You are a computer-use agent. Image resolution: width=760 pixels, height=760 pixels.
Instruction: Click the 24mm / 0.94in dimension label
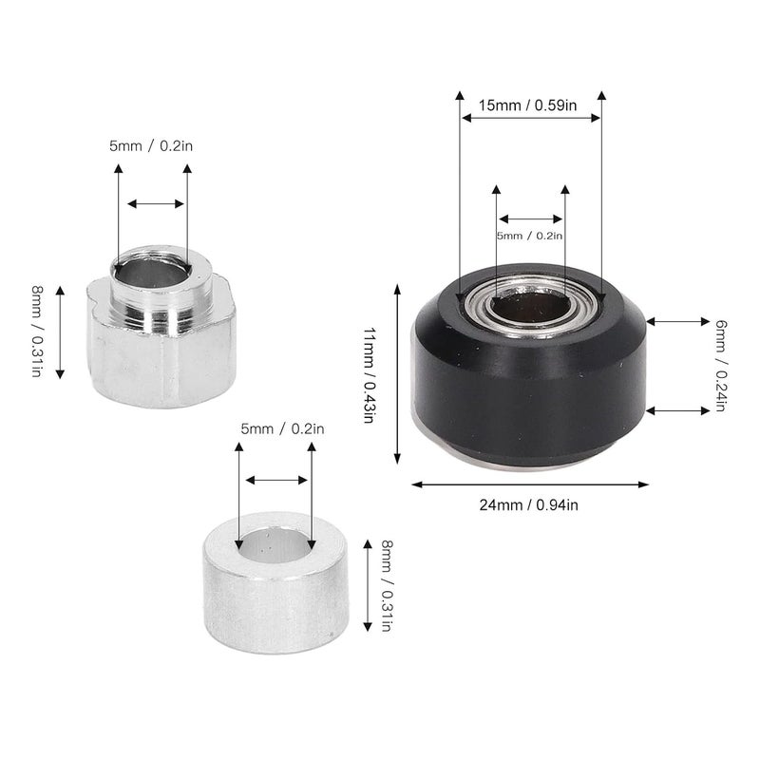529,504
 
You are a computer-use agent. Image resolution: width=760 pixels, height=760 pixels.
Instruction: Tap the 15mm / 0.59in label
529,105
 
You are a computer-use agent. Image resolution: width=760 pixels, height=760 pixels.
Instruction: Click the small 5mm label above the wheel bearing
529,236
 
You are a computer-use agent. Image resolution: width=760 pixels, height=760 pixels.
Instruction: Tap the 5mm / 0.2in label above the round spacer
282,430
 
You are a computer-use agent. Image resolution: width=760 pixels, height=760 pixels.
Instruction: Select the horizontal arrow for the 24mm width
531,484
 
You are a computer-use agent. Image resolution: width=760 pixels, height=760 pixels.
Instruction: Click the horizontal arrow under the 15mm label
530,119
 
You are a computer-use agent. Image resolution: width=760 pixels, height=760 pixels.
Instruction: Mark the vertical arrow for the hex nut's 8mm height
60,332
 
